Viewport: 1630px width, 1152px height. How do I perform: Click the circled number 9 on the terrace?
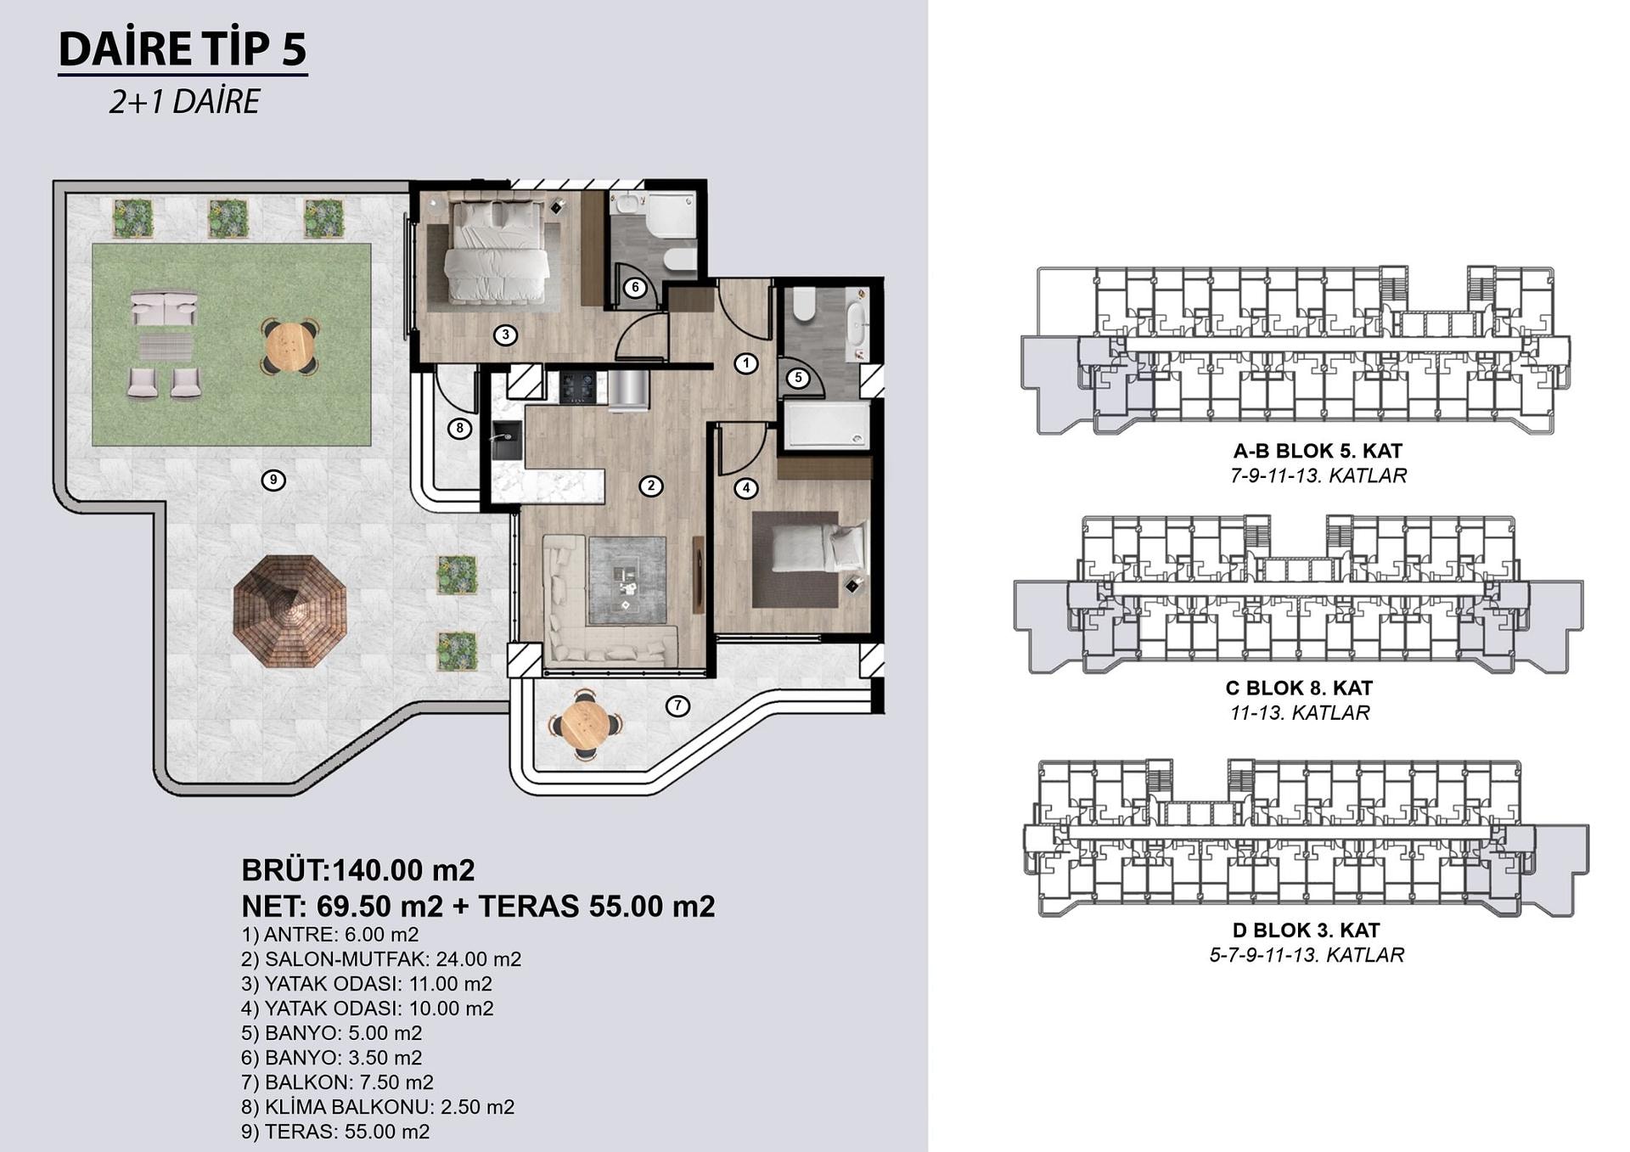coord(273,480)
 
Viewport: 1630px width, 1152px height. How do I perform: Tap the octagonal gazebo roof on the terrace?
coord(289,611)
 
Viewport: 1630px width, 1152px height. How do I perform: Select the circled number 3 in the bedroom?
coord(505,334)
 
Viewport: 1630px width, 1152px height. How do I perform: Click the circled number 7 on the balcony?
coord(677,705)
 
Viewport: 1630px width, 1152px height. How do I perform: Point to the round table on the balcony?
coord(585,723)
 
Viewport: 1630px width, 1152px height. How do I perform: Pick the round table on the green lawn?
coord(289,346)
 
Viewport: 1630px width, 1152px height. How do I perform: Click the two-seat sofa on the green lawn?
coord(164,308)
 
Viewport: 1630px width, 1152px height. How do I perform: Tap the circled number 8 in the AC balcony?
coord(459,429)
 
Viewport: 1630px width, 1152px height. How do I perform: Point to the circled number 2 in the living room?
coord(650,486)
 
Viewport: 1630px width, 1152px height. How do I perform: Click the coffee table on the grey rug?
coord(627,582)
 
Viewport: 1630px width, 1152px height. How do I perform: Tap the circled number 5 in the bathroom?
coord(797,378)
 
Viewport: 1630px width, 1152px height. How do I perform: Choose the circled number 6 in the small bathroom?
coord(635,288)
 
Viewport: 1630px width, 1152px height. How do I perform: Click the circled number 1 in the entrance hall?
coord(745,363)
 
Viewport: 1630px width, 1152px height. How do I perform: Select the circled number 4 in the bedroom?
coord(745,488)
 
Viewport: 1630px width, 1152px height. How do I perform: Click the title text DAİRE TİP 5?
coord(183,48)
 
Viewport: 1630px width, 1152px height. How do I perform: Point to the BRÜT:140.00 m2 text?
coord(358,870)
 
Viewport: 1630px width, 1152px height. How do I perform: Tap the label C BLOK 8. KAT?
coord(1299,688)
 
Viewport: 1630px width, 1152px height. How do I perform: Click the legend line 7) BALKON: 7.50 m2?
coord(337,1082)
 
